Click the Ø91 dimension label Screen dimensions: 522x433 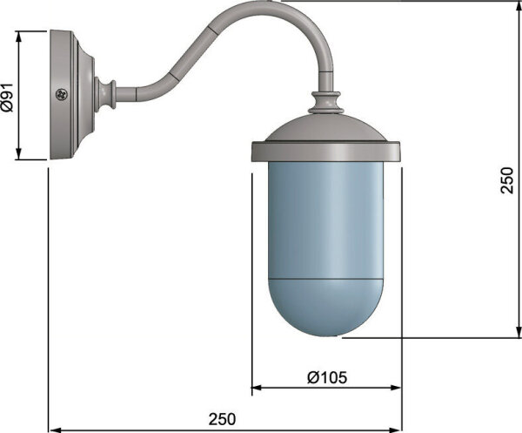click(7, 97)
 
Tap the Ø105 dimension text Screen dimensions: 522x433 click(327, 377)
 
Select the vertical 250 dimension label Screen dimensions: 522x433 click(507, 180)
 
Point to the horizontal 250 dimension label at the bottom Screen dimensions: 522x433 click(222, 419)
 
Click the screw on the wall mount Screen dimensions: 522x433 click(62, 94)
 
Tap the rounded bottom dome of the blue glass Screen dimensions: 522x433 click(326, 308)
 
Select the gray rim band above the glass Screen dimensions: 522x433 click(325, 152)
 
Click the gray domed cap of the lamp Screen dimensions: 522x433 click(326, 128)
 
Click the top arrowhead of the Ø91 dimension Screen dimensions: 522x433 click(18, 36)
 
